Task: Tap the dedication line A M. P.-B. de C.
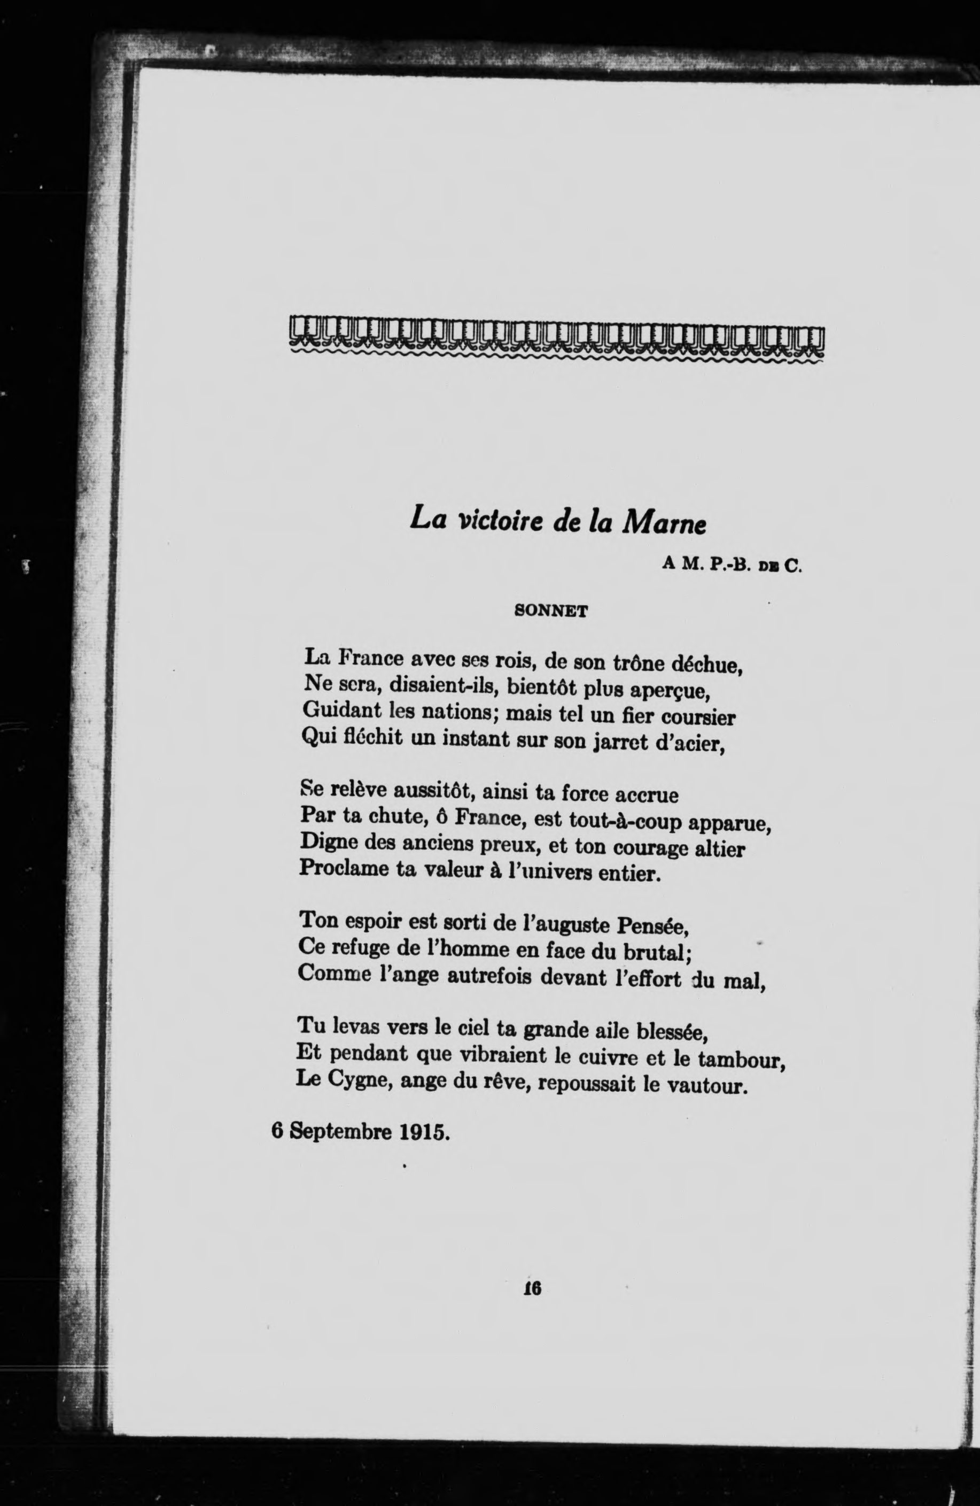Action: tap(732, 565)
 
